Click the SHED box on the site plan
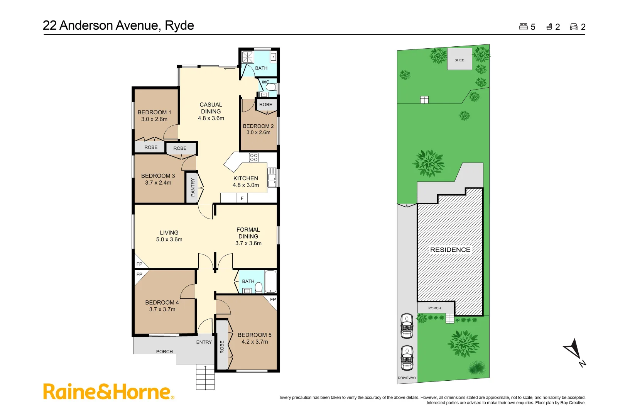point(459,59)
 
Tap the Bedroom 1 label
point(154,115)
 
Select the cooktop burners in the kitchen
point(253,157)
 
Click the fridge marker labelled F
point(242,198)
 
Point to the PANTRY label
point(193,187)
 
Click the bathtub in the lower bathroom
point(270,281)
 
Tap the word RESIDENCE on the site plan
point(450,250)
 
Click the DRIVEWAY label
point(407,378)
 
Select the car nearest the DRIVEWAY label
point(407,358)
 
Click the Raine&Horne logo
point(108,392)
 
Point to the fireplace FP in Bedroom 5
point(273,300)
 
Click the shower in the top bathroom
point(247,57)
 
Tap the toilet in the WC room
point(271,87)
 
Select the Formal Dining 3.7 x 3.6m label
point(248,236)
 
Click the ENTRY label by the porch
point(204,342)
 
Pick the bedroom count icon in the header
point(523,27)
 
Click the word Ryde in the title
point(179,25)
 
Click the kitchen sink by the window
point(272,178)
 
